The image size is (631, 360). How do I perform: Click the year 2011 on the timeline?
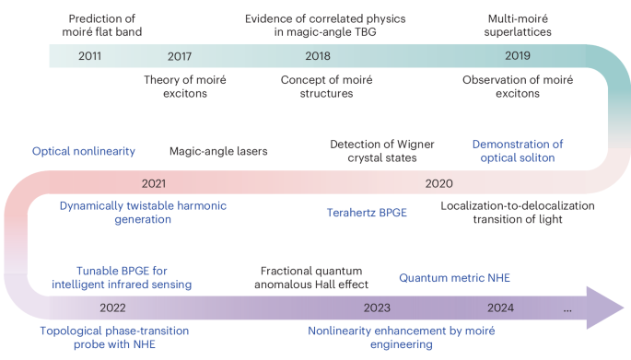tap(90, 56)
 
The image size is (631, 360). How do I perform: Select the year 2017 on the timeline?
tap(181, 56)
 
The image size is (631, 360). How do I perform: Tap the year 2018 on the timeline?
tap(318, 56)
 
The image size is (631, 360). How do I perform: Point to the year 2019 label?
tap(518, 56)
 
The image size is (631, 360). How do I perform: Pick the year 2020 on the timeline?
tap(438, 183)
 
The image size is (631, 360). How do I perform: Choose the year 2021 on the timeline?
tap(154, 183)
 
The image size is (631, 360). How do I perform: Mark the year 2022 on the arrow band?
tap(112, 308)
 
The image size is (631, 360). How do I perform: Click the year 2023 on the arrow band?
tap(378, 308)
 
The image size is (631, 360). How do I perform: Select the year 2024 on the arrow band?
tap(502, 308)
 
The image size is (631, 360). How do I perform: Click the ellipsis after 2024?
tap(567, 308)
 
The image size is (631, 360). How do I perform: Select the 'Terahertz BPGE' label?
tap(367, 213)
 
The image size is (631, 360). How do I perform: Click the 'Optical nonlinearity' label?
tap(84, 151)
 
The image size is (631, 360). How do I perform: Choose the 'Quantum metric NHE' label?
tap(454, 277)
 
